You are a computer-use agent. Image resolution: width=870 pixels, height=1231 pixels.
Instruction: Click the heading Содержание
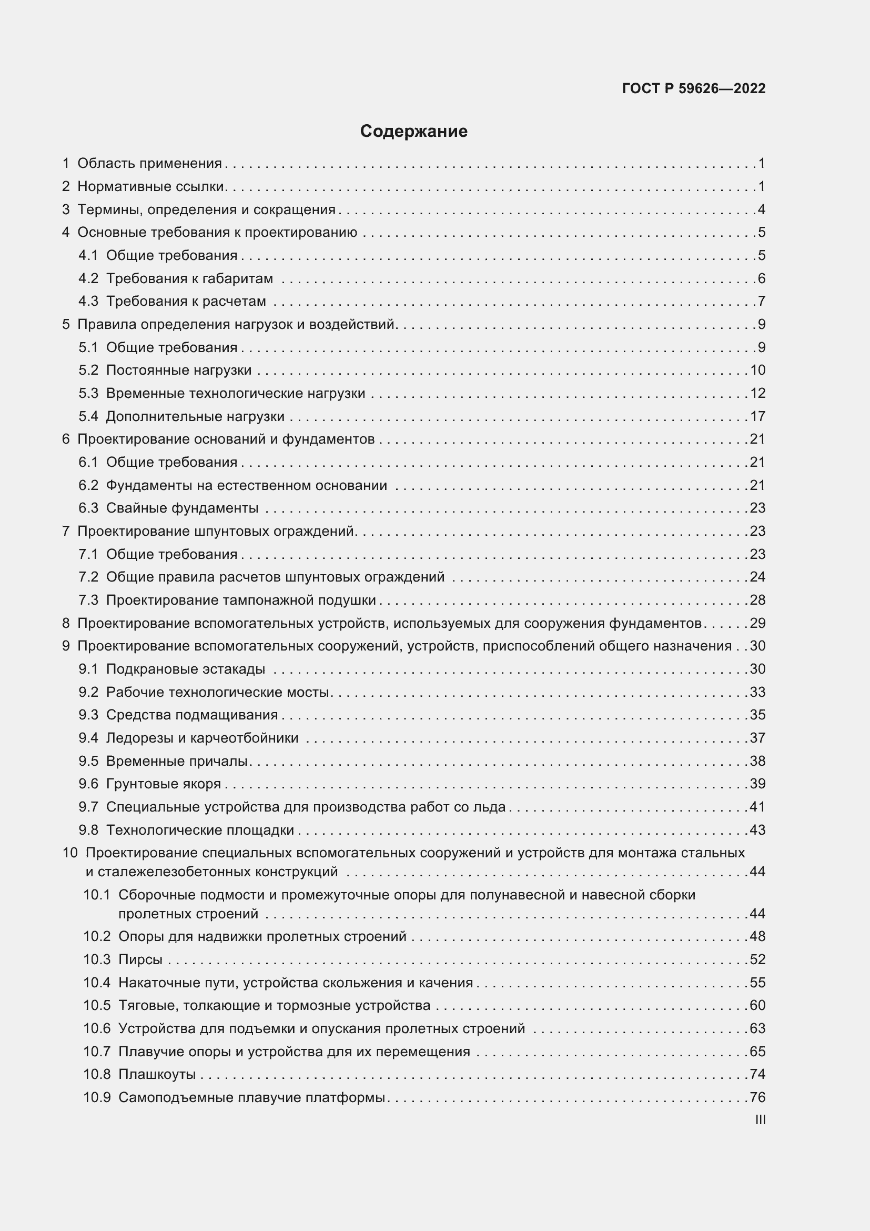[x=413, y=132]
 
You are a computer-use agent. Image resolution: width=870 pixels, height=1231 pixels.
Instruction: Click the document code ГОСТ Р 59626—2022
[x=693, y=88]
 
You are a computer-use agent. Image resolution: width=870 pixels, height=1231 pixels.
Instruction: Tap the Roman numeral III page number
[x=760, y=1120]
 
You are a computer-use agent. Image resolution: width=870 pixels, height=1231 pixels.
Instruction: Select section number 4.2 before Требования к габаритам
[x=88, y=278]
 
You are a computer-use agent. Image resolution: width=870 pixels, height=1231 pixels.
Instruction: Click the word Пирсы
[x=140, y=959]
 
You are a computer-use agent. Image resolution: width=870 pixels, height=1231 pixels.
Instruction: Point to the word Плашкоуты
[x=157, y=1074]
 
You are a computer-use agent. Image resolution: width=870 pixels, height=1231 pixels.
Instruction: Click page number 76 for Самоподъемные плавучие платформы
[x=757, y=1097]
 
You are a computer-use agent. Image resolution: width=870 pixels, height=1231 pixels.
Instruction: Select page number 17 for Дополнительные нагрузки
[x=757, y=416]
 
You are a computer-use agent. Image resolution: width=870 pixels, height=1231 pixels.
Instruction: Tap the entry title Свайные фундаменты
[x=182, y=508]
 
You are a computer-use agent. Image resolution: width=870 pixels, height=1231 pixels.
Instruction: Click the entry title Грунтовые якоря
[x=164, y=783]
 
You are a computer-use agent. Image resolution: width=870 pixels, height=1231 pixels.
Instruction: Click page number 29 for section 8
[x=757, y=623]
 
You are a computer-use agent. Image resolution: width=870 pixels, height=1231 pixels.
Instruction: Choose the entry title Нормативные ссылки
[x=150, y=187]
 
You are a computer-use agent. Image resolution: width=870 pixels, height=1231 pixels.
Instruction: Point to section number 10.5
[x=96, y=1005]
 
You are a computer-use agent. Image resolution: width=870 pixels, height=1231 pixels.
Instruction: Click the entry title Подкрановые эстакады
[x=185, y=668]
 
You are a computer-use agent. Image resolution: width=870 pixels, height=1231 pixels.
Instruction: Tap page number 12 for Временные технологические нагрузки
[x=757, y=393]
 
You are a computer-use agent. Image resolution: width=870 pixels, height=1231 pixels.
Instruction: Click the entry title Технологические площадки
[x=200, y=830]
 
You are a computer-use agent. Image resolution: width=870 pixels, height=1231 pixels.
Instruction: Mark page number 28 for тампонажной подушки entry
[x=757, y=600]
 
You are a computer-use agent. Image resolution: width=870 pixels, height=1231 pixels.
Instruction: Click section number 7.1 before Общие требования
[x=88, y=554]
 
